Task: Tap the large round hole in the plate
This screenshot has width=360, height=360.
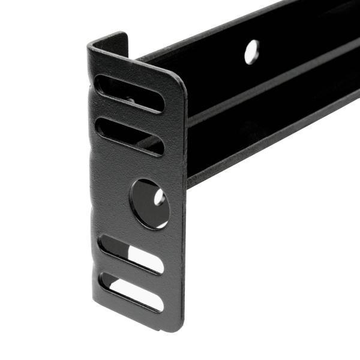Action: tap(149, 203)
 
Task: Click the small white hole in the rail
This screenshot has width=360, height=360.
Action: tap(251, 52)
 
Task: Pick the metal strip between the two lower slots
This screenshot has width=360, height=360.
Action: tap(132, 274)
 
